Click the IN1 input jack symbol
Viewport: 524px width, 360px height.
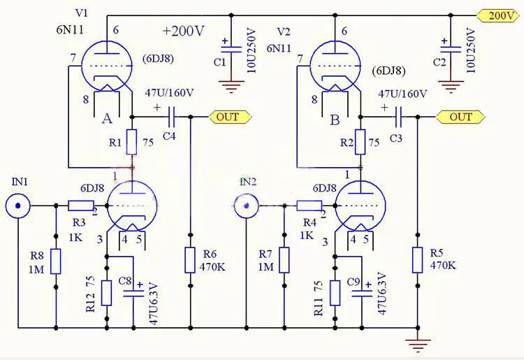(x=17, y=206)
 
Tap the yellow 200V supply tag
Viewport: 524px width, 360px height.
(x=499, y=15)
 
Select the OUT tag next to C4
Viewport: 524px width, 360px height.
(x=230, y=117)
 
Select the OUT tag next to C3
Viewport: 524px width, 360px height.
(x=459, y=117)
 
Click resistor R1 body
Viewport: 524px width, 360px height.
(x=132, y=142)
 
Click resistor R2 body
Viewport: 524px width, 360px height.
(x=361, y=142)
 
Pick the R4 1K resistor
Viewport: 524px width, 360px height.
(x=309, y=206)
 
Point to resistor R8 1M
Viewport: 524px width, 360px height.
(x=55, y=261)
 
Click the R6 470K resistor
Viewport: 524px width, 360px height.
(x=190, y=260)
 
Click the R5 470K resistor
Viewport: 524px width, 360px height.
(x=418, y=260)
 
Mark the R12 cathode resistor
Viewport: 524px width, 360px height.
(x=106, y=292)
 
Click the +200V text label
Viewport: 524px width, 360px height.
(x=183, y=31)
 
